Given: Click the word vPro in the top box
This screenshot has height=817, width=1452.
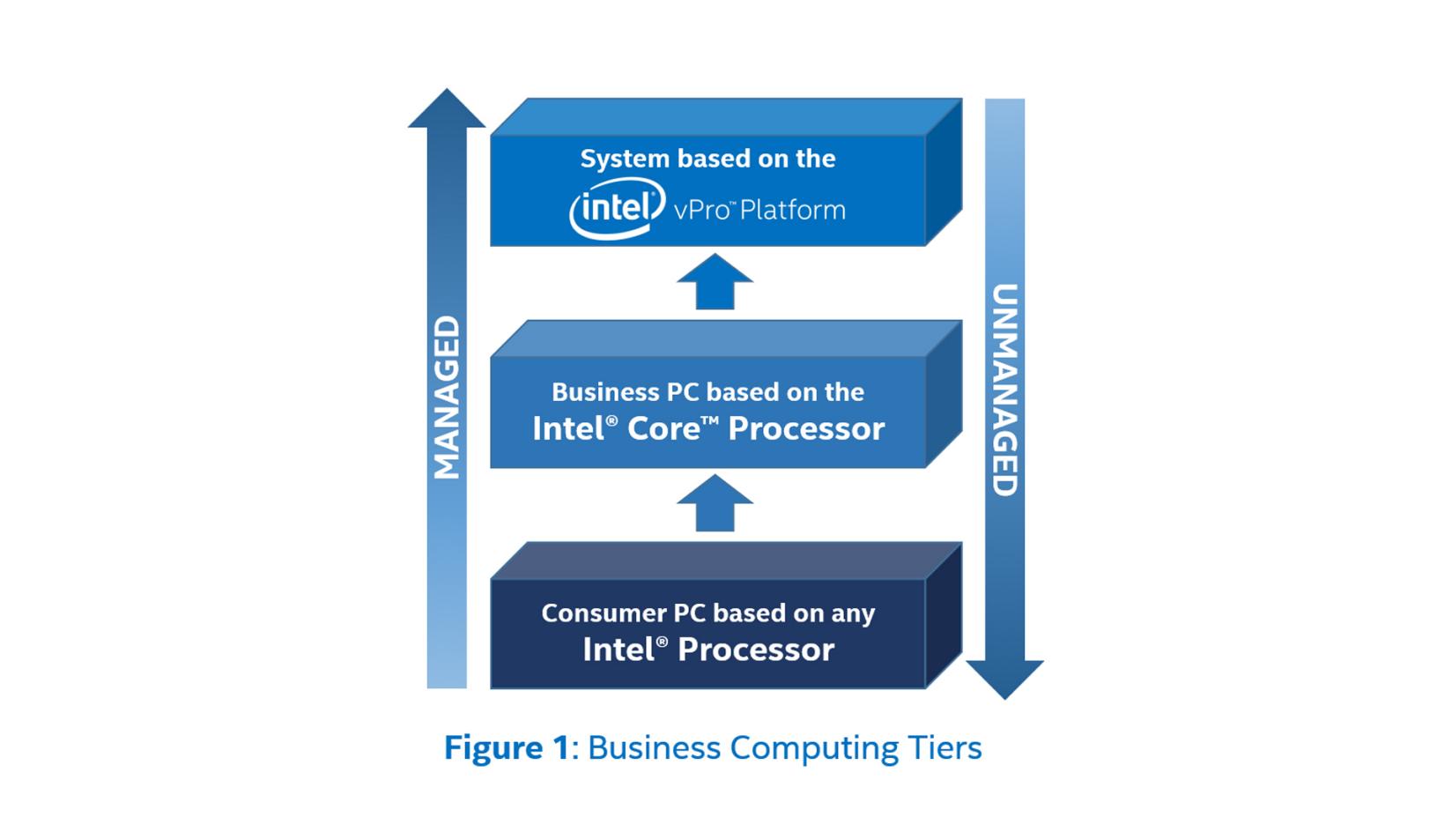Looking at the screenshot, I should coord(704,210).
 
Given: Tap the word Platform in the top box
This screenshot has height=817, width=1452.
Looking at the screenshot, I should coord(793,210).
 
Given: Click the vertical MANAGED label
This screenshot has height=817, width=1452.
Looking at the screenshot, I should coord(447,397).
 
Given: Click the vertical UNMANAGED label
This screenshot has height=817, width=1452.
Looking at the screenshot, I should coord(1004,390).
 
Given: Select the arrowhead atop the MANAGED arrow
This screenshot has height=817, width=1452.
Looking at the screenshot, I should coord(447,109).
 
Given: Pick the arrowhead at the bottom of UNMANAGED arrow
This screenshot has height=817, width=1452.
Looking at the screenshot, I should coord(1004,679).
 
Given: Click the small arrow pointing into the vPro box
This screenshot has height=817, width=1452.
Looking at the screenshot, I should coord(715,281).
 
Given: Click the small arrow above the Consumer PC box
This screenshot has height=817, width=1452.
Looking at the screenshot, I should coord(715,503).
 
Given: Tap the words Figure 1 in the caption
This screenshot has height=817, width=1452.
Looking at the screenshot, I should coord(507,748).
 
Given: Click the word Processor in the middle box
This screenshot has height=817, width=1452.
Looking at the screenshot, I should coord(806,428).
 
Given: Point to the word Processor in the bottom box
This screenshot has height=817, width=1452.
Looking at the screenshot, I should coord(756,650).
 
